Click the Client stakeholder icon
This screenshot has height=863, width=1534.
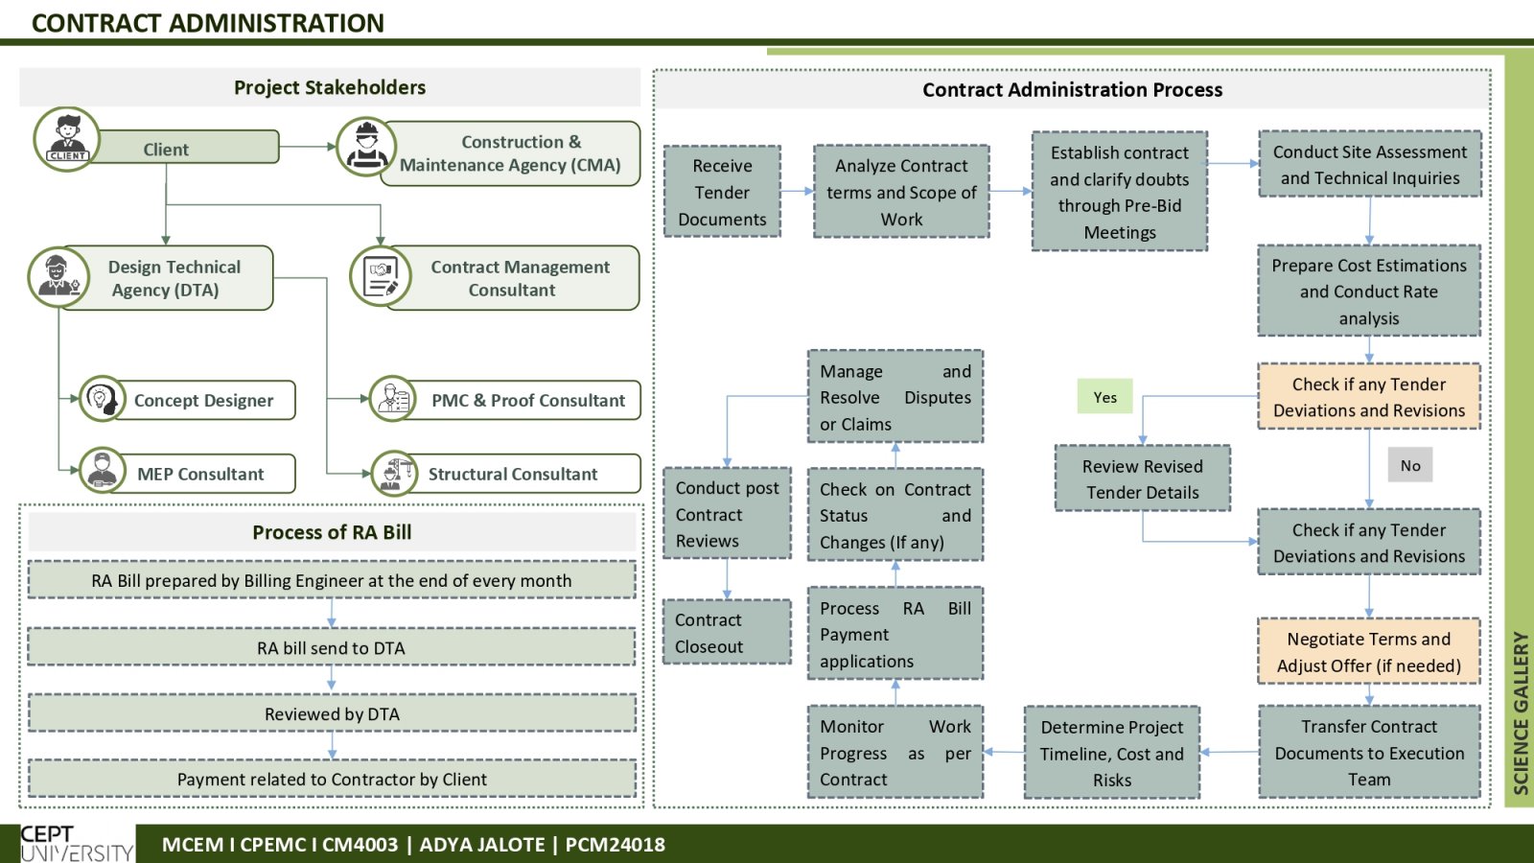[66, 139]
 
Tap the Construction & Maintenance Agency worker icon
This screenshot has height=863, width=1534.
[366, 147]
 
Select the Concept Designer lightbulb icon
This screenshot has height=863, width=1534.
[102, 398]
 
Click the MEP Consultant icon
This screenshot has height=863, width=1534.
[102, 471]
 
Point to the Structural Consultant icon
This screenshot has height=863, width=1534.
[394, 473]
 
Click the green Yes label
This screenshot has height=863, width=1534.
[1104, 397]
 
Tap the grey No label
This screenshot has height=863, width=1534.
[1410, 465]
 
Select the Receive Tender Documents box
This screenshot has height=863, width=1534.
[722, 192]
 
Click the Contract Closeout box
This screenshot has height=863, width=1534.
[727, 632]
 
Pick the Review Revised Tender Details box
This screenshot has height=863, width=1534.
[1142, 478]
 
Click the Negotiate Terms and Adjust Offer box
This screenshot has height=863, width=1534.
[1369, 651]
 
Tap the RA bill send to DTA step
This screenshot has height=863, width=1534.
[332, 647]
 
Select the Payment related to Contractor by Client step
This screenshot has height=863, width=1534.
[332, 779]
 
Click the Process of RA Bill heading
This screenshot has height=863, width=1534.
[332, 532]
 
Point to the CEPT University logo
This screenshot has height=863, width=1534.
[77, 844]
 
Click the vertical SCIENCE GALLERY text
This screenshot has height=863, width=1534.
[1521, 712]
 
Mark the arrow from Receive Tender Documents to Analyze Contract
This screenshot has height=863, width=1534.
[797, 191]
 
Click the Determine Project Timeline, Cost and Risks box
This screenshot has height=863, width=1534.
[1111, 753]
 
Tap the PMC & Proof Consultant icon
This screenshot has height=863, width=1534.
[393, 399]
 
